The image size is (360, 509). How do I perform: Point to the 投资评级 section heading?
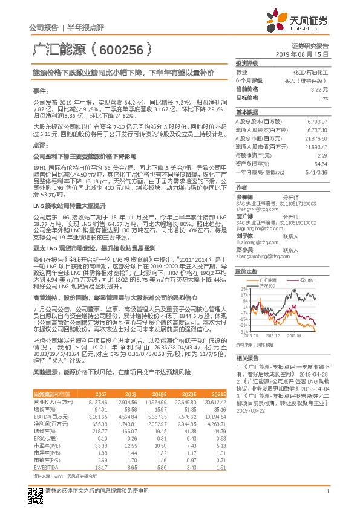point(247,63)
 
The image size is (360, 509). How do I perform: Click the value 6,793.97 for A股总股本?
point(317,122)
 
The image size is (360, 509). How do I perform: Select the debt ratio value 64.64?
point(321,163)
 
